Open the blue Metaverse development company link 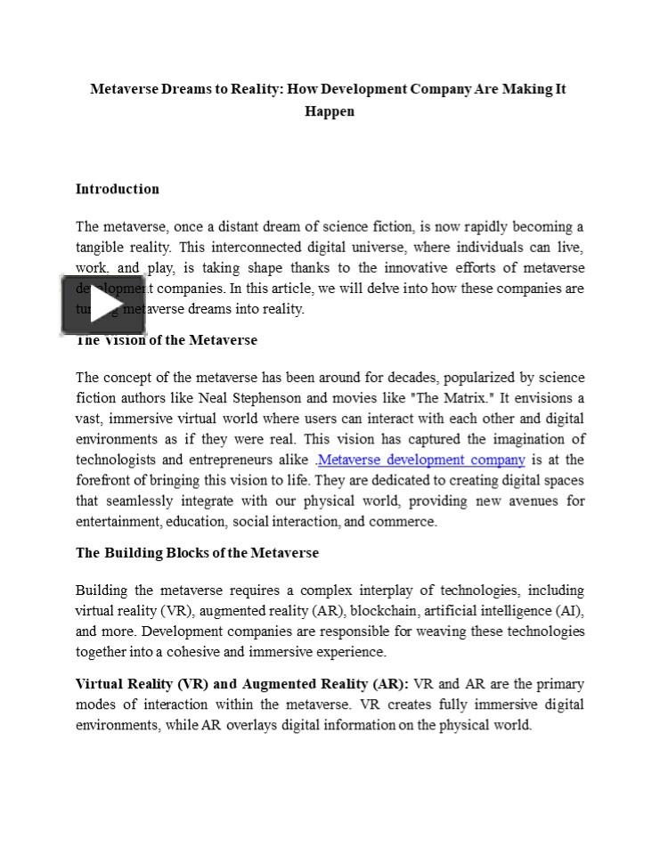pyautogui.click(x=421, y=460)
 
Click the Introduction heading pyautogui.click(x=118, y=189)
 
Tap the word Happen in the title pyautogui.click(x=330, y=111)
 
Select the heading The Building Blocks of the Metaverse pyautogui.click(x=197, y=553)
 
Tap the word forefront pyautogui.click(x=106, y=481)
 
